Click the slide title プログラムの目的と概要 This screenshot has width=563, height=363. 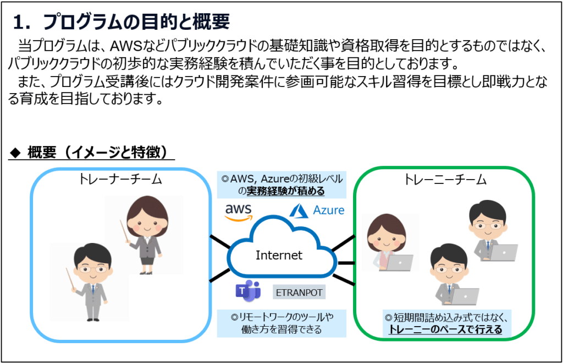[135, 22]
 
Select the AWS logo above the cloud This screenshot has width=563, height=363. [239, 211]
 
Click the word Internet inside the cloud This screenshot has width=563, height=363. [279, 255]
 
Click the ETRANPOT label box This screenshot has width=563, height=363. [299, 291]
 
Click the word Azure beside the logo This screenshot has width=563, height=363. [329, 210]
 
